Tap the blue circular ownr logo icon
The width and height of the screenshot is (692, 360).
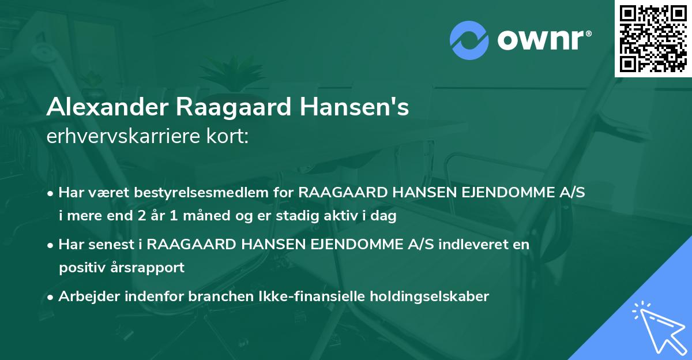click(x=469, y=40)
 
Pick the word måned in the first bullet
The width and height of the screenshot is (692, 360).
click(x=206, y=216)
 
